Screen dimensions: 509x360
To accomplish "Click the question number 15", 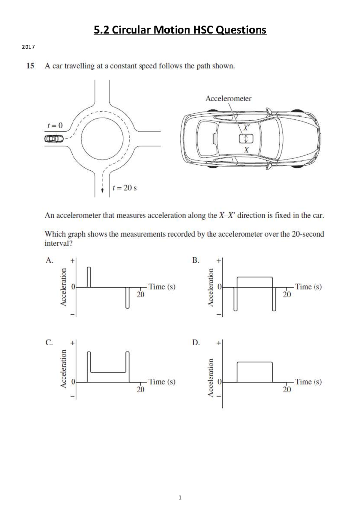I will point(30,66).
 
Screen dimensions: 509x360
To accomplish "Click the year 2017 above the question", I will point(28,47).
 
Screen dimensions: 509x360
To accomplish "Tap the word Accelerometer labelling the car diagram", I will point(228,98).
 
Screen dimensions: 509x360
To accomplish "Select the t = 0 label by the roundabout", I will point(55,125).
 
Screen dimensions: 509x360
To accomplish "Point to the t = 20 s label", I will point(124,188).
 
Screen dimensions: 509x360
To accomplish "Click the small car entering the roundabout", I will point(54,139).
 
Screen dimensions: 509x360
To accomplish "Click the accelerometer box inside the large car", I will point(246,139).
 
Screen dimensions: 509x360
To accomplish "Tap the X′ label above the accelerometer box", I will point(246,127).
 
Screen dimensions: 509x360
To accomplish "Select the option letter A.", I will point(49,260).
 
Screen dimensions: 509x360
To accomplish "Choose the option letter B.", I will point(196,260).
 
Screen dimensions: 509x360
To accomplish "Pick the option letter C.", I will point(49,342).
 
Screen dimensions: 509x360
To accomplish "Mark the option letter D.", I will point(196,342).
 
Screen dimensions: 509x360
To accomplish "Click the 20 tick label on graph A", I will point(140,295).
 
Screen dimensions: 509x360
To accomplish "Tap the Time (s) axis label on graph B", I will point(308,287).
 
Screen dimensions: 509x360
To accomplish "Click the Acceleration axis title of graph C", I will point(63,369).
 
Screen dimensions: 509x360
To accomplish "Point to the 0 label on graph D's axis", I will point(219,382).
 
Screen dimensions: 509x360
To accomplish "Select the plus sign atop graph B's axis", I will point(219,261).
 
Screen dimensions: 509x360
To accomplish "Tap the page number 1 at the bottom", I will point(180,498).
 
